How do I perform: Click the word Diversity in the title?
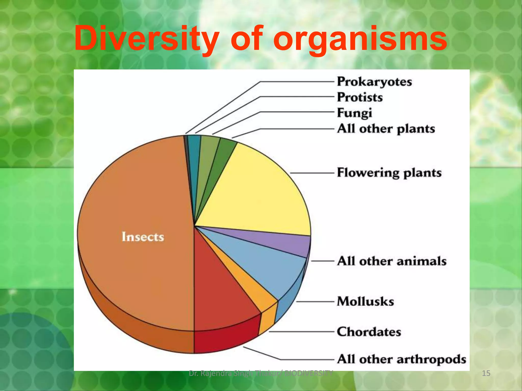click(x=146, y=39)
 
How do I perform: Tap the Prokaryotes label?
click(x=374, y=82)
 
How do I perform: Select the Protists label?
click(x=360, y=97)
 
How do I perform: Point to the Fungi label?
click(x=354, y=113)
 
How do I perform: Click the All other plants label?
click(x=386, y=129)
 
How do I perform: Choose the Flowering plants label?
click(x=389, y=173)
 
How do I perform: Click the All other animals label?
click(x=391, y=261)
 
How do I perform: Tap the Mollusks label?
click(x=365, y=301)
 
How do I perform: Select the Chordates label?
click(x=369, y=332)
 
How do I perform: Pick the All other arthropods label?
click(x=401, y=359)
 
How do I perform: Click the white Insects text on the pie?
click(x=143, y=237)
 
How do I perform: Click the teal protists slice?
click(x=195, y=153)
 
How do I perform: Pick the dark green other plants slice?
click(x=224, y=153)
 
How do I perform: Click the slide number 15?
click(x=486, y=373)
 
